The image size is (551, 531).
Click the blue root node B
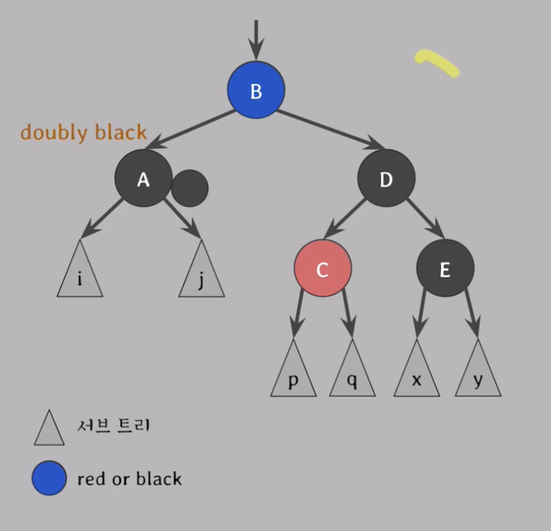[x=256, y=90]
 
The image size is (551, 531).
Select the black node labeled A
[x=143, y=178]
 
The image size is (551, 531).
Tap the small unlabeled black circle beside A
[x=190, y=188]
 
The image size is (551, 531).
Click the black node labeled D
[x=386, y=178]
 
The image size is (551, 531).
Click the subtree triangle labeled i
[x=80, y=276]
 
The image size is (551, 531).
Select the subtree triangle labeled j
[x=202, y=276]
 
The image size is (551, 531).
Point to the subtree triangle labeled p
[x=293, y=376]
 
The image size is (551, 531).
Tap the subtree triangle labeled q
[x=352, y=376]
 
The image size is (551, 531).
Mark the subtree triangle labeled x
[x=417, y=376]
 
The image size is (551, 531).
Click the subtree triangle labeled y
[x=478, y=376]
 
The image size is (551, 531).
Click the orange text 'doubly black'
[x=84, y=132]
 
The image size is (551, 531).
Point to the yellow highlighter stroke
[x=437, y=63]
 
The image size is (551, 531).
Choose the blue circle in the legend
[x=49, y=478]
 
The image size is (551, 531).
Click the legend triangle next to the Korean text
[x=49, y=430]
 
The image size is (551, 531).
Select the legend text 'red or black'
[x=129, y=479]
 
